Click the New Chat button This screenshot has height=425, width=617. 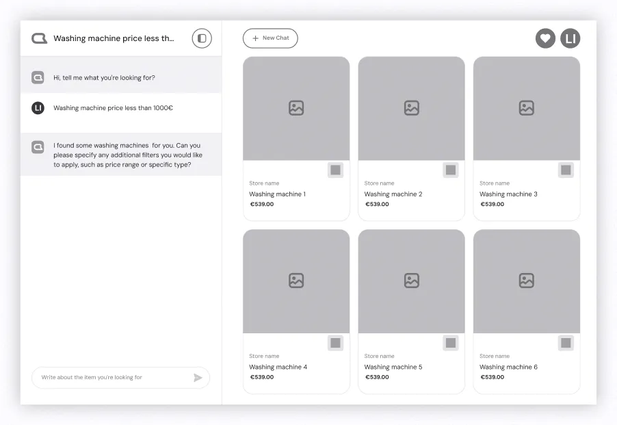270,38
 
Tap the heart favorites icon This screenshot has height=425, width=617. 545,38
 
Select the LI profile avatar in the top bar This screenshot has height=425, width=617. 570,38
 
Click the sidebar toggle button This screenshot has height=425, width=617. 202,38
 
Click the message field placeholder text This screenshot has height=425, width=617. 92,377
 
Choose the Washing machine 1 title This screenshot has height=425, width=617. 277,194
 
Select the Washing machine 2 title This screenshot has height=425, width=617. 393,194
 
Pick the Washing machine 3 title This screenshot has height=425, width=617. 508,194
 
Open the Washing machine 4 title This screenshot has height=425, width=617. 278,367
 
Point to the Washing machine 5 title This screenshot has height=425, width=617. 393,367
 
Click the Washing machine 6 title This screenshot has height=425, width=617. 508,367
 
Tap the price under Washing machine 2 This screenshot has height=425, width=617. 377,204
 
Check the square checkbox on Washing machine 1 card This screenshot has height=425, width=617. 335,170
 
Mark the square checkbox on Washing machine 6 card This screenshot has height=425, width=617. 566,342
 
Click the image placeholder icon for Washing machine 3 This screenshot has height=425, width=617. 526,108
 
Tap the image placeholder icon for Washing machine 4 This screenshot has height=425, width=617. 296,281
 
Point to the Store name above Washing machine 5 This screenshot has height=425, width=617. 379,356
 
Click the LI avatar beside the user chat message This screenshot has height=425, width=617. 38,108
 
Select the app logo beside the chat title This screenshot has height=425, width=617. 39,38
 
